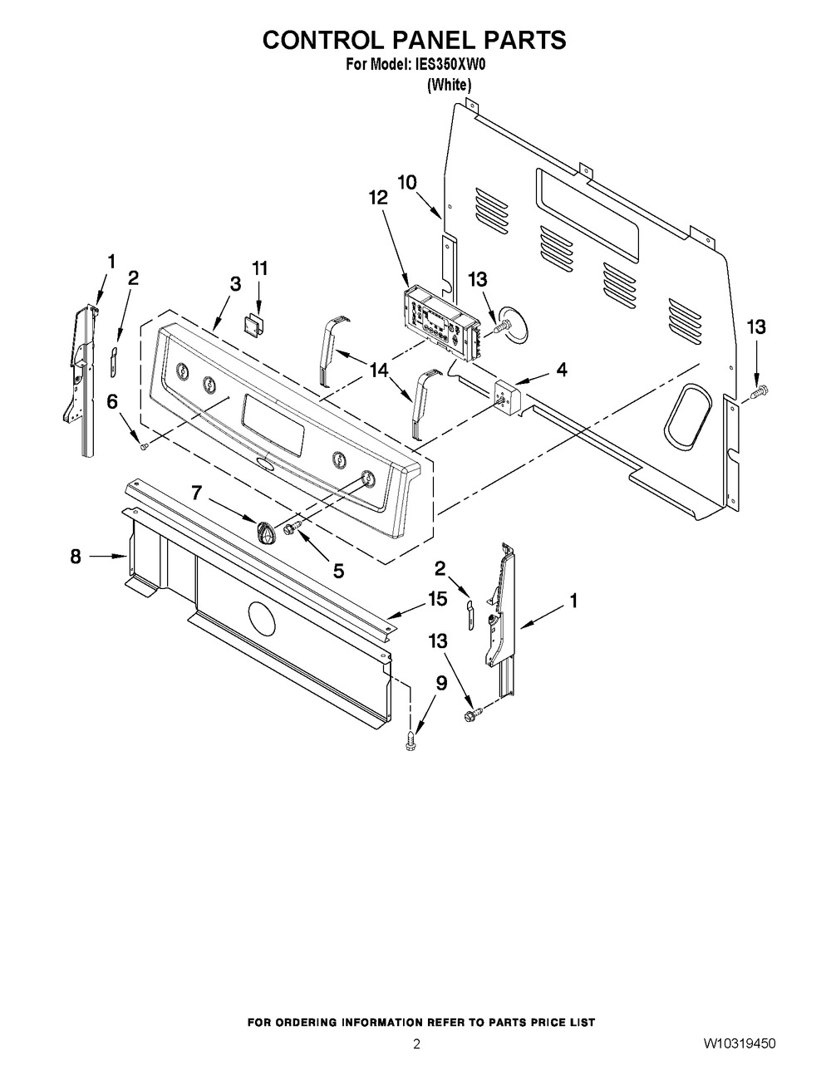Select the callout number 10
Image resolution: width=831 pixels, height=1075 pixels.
[x=406, y=182]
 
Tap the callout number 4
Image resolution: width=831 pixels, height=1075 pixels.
[x=563, y=370]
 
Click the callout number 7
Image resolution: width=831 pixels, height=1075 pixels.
[x=196, y=493]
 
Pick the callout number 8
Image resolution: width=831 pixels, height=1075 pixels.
[x=76, y=557]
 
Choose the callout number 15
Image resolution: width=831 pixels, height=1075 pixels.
[x=437, y=597]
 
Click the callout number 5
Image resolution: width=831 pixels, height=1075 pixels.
[x=338, y=571]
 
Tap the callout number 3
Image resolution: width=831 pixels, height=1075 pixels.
[x=235, y=283]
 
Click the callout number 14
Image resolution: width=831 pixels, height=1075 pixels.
[x=379, y=370]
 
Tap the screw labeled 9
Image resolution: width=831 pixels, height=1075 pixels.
[x=410, y=741]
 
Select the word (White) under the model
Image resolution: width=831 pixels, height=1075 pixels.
[x=450, y=85]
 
